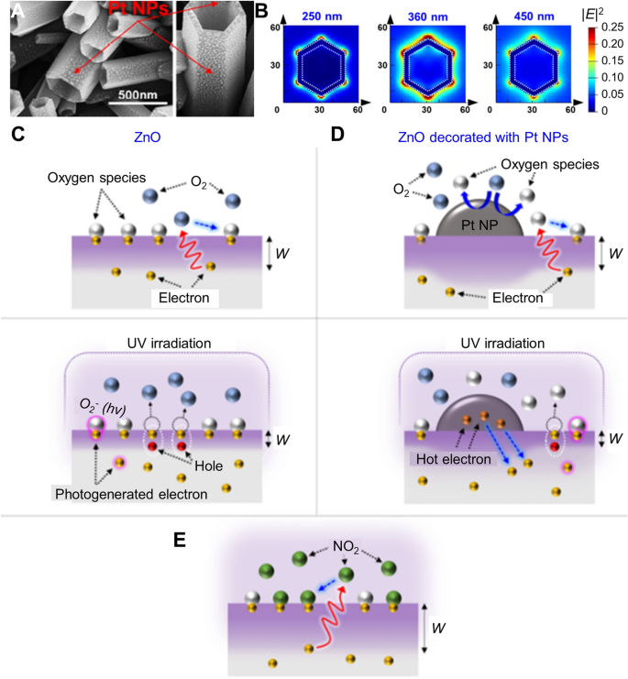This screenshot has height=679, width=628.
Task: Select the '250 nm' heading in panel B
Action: tap(316, 16)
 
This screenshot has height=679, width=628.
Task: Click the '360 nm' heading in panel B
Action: tap(425, 16)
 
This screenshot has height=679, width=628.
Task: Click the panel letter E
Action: tap(180, 538)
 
